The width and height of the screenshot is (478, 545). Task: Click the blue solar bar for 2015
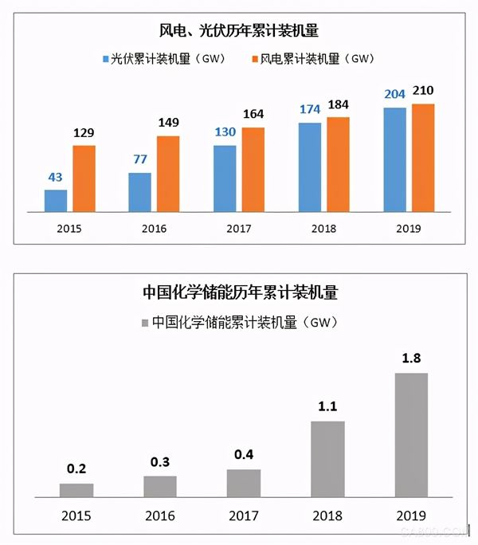click(56, 201)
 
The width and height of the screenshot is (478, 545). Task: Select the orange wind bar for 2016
click(168, 174)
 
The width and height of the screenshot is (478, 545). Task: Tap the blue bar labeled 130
click(225, 178)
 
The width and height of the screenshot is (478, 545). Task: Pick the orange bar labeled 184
click(338, 164)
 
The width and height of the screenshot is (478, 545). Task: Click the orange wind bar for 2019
click(423, 158)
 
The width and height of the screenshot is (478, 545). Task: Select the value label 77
click(140, 159)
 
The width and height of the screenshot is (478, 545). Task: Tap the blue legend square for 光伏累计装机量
click(106, 59)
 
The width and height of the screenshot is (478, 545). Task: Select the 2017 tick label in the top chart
click(239, 229)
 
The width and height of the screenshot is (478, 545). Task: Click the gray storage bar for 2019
click(411, 434)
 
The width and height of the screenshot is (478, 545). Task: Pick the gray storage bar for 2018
click(327, 458)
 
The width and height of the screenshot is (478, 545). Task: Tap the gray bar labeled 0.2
click(76, 489)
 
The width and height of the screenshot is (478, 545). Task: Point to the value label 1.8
click(411, 359)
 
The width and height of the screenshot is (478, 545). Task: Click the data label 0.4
click(243, 455)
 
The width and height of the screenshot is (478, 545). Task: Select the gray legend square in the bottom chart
click(144, 323)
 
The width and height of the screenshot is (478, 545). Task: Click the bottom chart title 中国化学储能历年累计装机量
click(240, 293)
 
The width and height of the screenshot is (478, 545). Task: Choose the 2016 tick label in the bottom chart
click(160, 515)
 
